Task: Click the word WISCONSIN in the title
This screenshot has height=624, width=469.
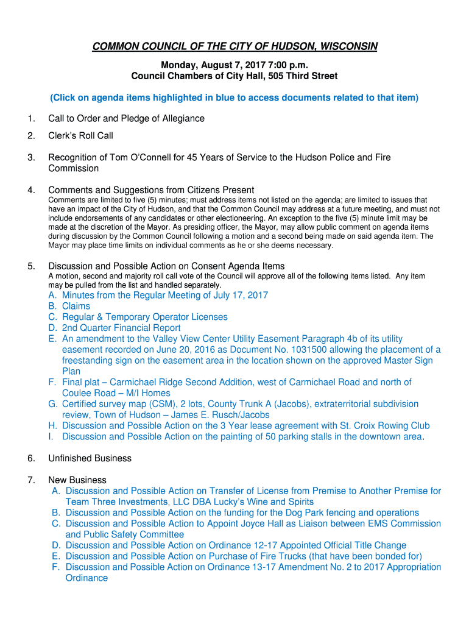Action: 348,46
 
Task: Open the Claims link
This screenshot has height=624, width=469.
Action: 76,306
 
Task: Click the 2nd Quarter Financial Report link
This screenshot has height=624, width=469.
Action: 121,328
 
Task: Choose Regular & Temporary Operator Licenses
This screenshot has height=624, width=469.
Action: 144,317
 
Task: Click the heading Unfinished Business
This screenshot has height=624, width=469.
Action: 90,458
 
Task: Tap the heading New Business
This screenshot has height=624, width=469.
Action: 77,480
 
